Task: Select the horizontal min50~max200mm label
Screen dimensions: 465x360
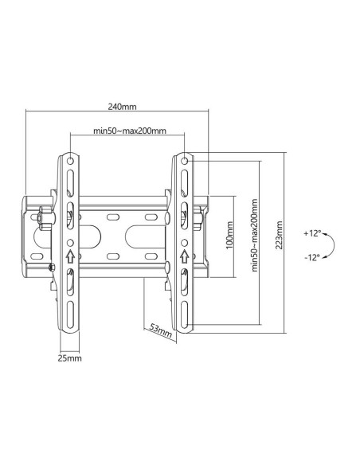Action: pos(129,131)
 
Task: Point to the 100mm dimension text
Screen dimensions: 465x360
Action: pos(229,236)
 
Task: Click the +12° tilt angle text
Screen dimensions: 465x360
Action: pos(312,233)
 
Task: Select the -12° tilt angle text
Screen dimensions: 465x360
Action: pos(312,257)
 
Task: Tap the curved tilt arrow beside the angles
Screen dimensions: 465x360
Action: pos(336,244)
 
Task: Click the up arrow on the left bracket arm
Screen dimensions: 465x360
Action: pos(70,256)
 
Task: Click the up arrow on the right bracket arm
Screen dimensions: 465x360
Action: pos(185,256)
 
